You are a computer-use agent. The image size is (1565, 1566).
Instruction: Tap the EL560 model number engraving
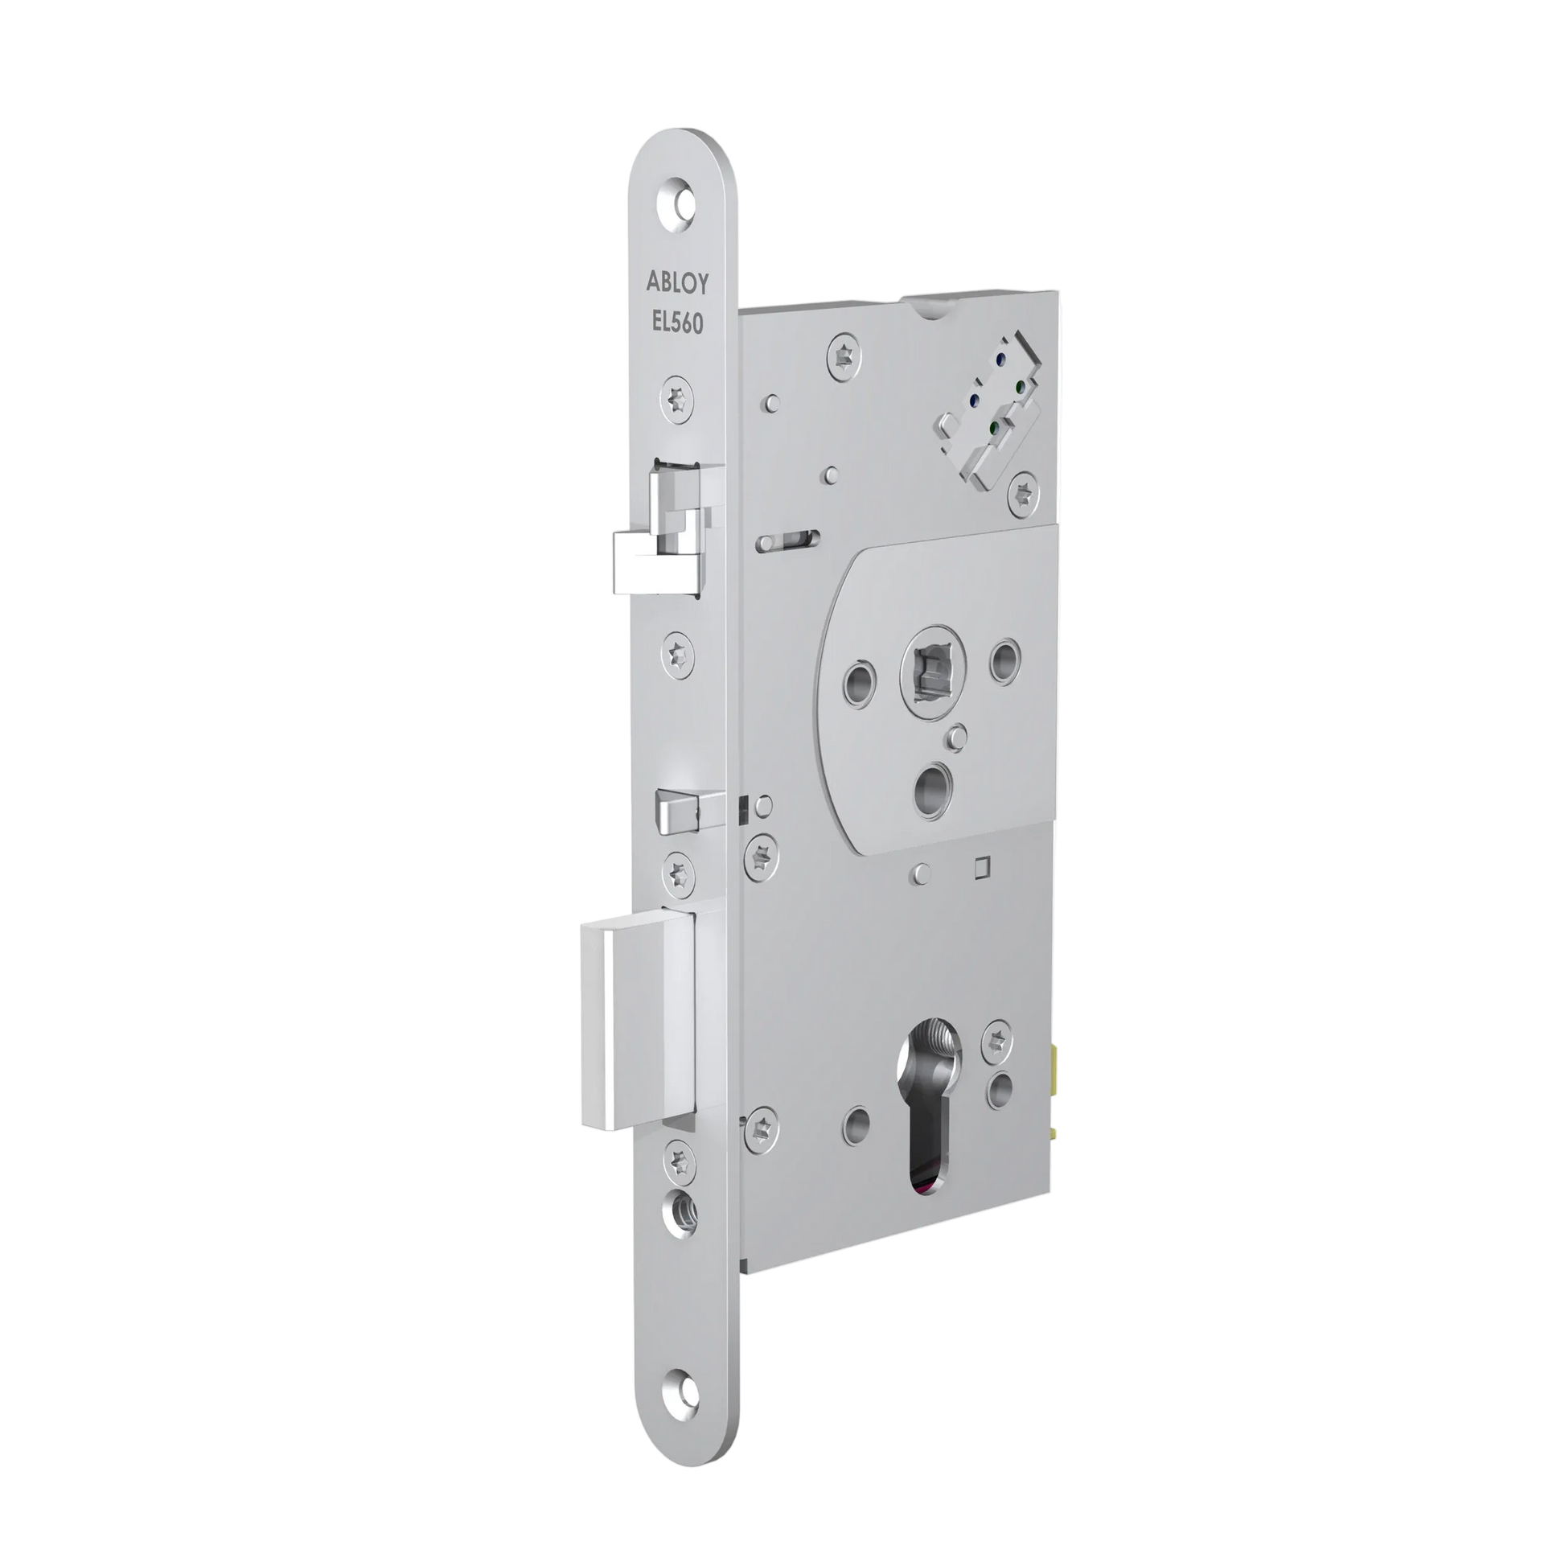(x=677, y=323)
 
